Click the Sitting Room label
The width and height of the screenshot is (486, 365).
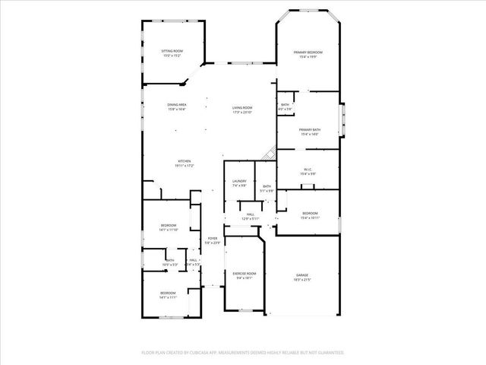(172, 51)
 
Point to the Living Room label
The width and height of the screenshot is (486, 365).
(242, 108)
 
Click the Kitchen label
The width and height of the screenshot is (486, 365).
(184, 160)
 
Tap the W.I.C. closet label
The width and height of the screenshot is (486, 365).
(308, 170)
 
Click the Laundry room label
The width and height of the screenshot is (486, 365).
(239, 181)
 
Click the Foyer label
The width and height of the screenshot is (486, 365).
(213, 238)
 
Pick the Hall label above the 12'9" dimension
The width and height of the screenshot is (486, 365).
(250, 214)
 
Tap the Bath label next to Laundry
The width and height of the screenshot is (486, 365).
(267, 186)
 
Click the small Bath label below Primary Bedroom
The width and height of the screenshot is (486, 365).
(285, 105)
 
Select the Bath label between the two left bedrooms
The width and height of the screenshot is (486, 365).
(170, 260)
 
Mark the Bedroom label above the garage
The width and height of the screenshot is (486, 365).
(310, 213)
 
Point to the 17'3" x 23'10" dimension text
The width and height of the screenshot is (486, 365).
(242, 113)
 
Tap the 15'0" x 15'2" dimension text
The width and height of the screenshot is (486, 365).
(172, 56)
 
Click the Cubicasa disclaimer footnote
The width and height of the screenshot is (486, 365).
(243, 352)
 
